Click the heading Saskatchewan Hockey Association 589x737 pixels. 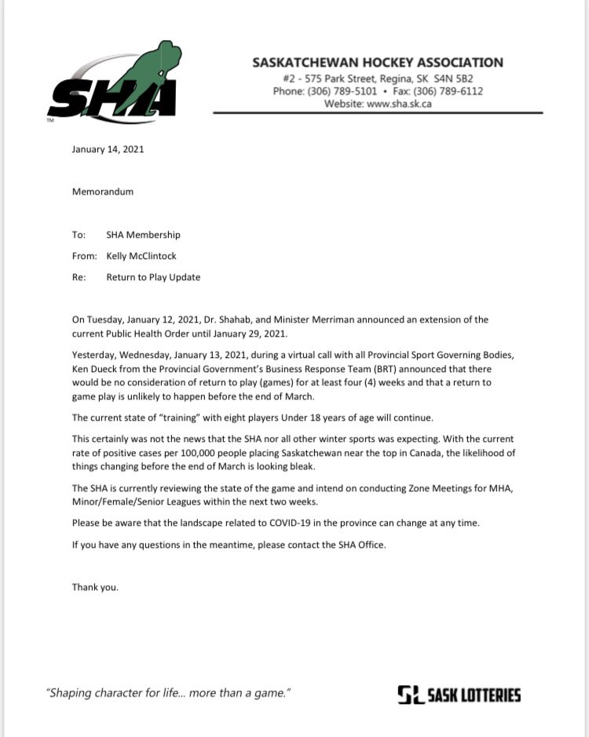378,63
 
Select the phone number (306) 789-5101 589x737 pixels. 344,91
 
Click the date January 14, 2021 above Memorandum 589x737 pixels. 108,148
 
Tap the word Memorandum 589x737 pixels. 102,191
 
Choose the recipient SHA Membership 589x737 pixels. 143,234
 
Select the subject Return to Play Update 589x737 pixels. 153,277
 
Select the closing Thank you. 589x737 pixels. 95,586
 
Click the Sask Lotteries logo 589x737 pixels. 459,694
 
